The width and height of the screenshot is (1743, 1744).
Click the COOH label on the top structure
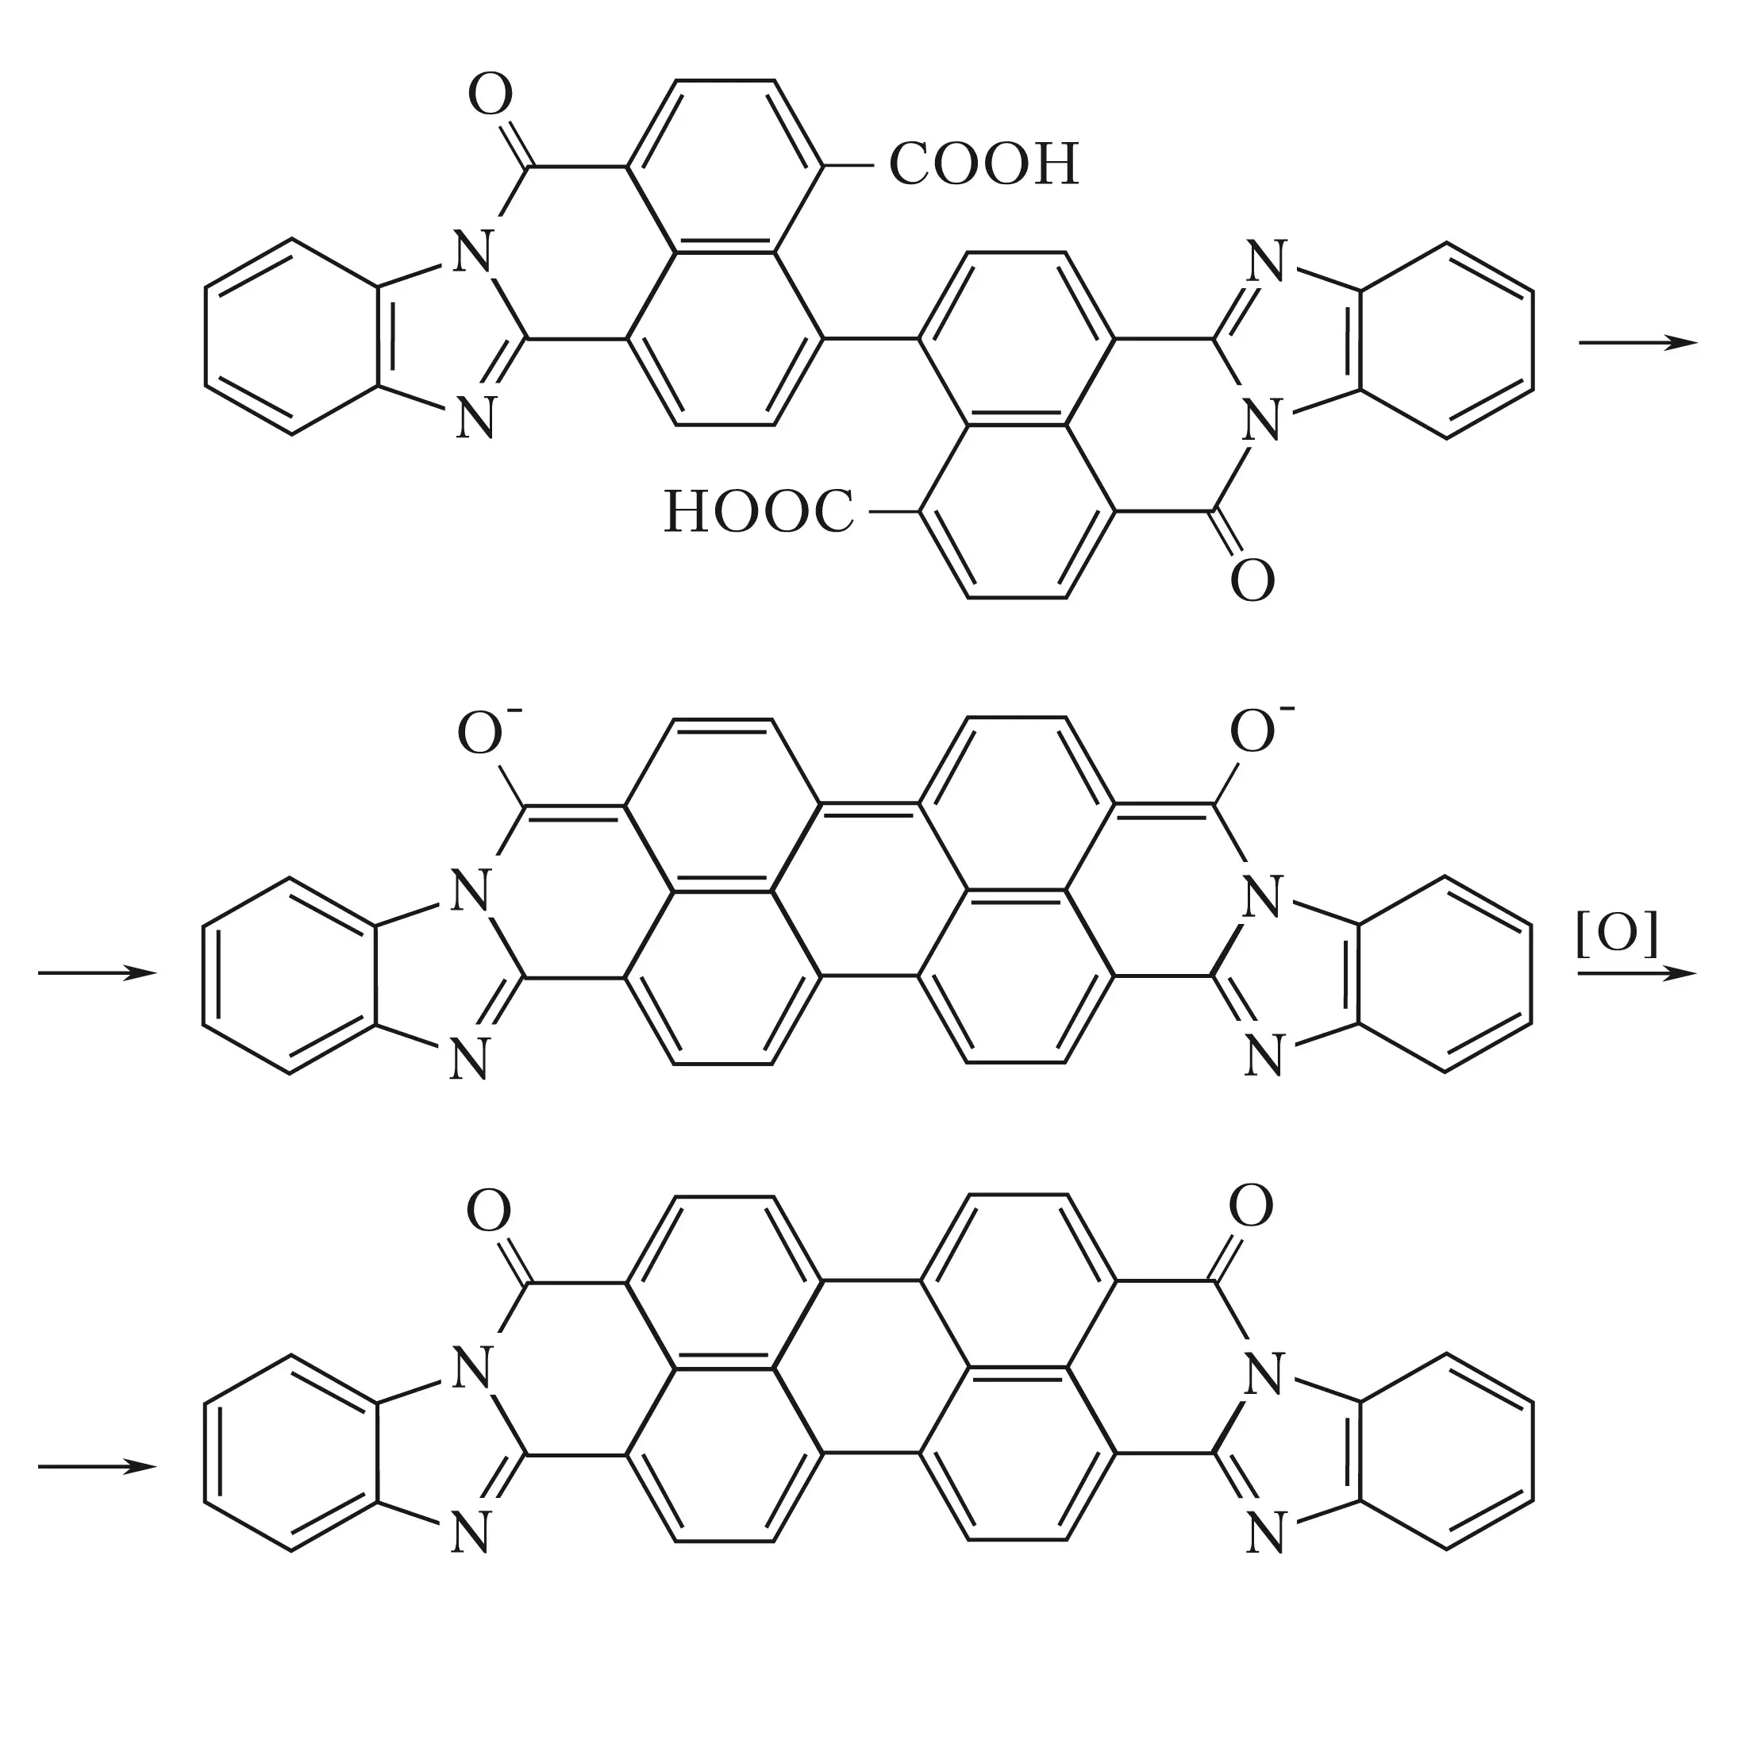click(x=984, y=164)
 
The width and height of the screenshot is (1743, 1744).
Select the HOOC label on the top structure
click(x=758, y=512)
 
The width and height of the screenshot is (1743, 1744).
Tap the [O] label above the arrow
click(x=1618, y=934)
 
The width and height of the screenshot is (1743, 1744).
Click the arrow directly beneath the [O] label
click(x=1637, y=973)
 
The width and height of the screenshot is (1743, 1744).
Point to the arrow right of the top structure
click(x=1637, y=343)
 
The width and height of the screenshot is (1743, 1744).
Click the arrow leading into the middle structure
click(x=98, y=973)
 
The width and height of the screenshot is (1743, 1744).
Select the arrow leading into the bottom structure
click(x=98, y=1467)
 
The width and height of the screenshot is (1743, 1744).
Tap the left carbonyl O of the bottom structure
click(x=489, y=1211)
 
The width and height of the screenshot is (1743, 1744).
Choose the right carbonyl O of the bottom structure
click(x=1251, y=1206)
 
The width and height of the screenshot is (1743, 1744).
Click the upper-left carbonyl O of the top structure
click(x=491, y=96)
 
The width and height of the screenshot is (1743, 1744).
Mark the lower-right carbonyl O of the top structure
click(x=1252, y=579)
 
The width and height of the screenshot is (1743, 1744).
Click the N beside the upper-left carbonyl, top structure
click(x=473, y=251)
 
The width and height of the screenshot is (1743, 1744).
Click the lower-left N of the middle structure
click(x=469, y=1059)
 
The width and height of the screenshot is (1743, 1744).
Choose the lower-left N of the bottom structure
click(x=470, y=1534)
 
